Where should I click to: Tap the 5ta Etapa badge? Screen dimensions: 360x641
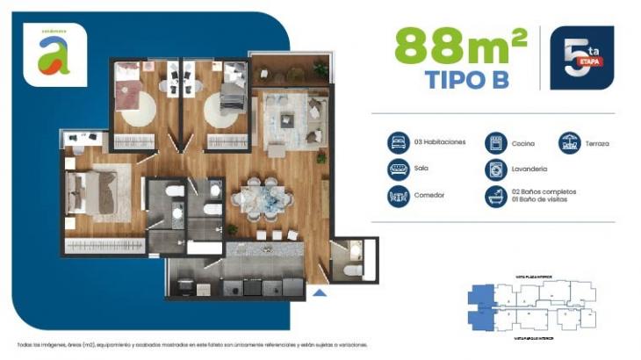581,58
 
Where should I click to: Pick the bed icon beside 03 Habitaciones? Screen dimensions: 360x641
399,142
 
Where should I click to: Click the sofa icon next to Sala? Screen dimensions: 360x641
399,169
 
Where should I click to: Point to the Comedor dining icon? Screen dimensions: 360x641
399,197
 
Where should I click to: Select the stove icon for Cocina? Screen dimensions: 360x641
496,142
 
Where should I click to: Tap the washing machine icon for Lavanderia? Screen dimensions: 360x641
496,169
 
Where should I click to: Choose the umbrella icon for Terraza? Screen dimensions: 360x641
571,142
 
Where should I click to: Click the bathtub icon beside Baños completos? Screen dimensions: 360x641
496,197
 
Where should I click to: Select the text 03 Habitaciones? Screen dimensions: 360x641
441,142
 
